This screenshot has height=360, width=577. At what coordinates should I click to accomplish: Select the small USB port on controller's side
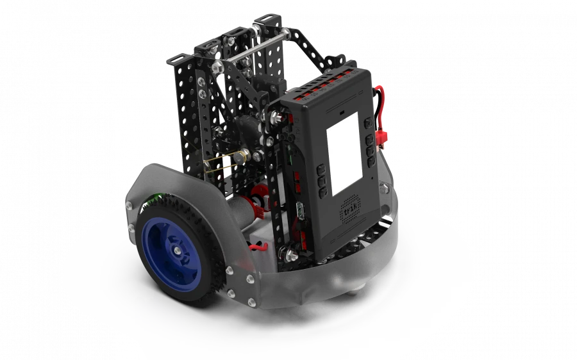point(300,212)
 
